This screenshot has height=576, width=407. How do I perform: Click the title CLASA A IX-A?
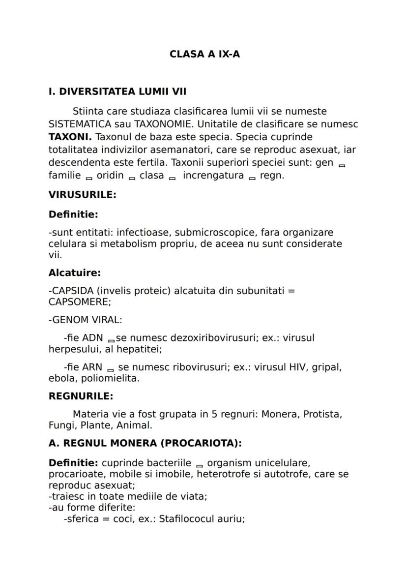pos(204,54)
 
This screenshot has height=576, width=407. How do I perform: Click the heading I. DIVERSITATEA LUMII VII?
pos(117,91)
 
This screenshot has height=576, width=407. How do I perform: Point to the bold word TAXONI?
pos(70,137)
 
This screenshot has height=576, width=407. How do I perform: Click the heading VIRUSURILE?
pos(82,194)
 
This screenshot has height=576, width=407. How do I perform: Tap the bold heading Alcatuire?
pos(74,273)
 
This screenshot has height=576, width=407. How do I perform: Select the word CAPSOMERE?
pos(80,302)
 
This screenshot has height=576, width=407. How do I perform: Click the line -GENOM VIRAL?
pos(85,320)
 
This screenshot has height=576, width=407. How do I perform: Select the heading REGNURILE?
pos(81,396)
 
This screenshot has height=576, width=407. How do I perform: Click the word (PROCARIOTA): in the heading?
pos(201,443)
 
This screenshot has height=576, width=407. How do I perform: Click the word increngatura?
pos(213,176)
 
